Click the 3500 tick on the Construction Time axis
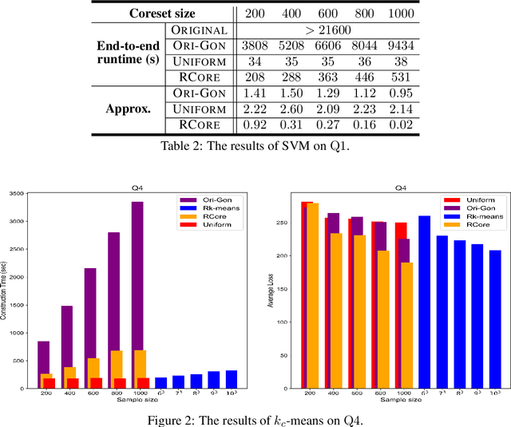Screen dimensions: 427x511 pos(19,193)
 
